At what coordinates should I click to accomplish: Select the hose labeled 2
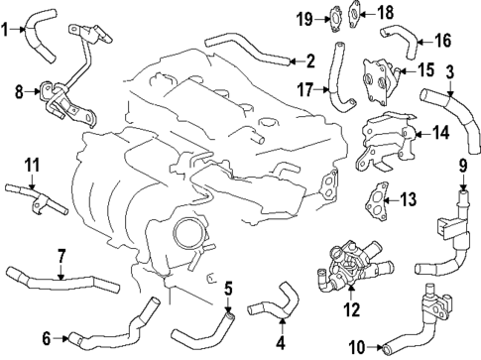coord(248,51)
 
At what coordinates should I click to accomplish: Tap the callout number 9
coord(462,165)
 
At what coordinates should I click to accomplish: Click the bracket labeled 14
coord(387,140)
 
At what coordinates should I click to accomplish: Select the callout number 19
coord(306,17)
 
